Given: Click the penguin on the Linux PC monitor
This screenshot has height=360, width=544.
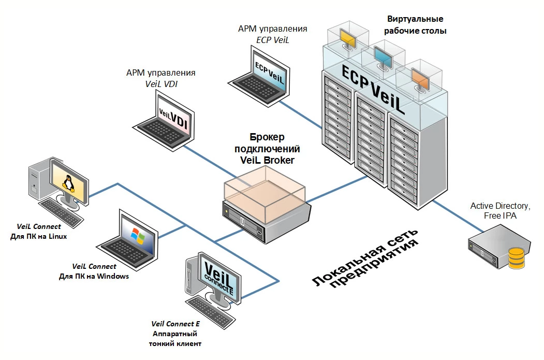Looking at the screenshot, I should (67, 183).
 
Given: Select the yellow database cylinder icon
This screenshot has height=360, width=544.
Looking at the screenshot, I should (516, 258).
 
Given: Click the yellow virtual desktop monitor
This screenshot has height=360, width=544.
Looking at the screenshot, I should (347, 37).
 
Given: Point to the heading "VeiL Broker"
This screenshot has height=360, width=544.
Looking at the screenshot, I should (267, 160).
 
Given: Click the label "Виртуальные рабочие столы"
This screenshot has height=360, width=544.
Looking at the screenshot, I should (416, 25).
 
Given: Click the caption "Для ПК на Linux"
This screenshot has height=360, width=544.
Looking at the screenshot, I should (39, 236).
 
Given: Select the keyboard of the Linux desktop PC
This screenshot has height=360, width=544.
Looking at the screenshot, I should (61, 211).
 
